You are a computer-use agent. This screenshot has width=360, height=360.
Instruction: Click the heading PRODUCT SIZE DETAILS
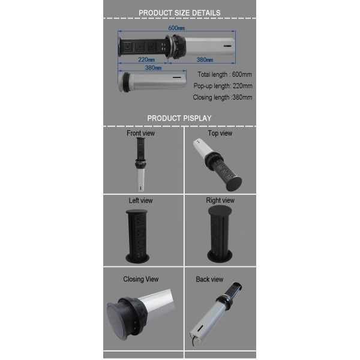pos(179,13)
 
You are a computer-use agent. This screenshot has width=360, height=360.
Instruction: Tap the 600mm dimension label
pos(176,28)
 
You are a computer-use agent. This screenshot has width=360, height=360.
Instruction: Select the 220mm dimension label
pos(146,59)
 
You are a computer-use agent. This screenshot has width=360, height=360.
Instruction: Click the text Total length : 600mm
pos(224,74)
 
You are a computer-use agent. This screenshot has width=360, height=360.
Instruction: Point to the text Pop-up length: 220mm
pos(223,86)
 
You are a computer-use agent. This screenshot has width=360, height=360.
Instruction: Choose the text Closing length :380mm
pos(223,97)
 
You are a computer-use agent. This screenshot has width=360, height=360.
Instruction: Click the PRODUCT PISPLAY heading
pos(179,118)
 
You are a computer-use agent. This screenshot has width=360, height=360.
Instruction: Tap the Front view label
pos(140,133)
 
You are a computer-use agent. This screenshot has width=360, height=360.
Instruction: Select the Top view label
pos(220,133)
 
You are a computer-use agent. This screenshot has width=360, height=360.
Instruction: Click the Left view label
pos(140,200)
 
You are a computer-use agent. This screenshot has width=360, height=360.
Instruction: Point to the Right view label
pos(220,200)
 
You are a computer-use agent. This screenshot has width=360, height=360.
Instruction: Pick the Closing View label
pos(141,279)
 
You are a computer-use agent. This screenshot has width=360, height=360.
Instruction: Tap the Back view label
pos(209,279)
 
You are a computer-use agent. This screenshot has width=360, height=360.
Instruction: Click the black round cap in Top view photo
pos(234,184)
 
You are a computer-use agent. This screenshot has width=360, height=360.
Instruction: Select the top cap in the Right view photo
pos(220,210)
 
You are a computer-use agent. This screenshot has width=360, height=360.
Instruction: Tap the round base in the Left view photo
pos(137,258)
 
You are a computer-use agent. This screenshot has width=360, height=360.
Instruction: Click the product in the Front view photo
pos(140,164)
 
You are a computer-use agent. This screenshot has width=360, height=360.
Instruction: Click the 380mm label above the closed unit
pos(153,68)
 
